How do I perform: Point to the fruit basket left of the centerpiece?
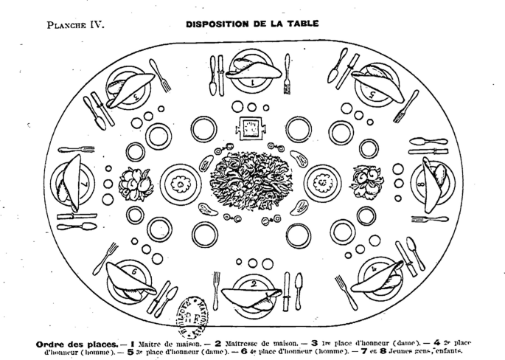pyautogui.click(x=136, y=181)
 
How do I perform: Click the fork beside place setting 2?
pyautogui.click(x=217, y=289)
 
